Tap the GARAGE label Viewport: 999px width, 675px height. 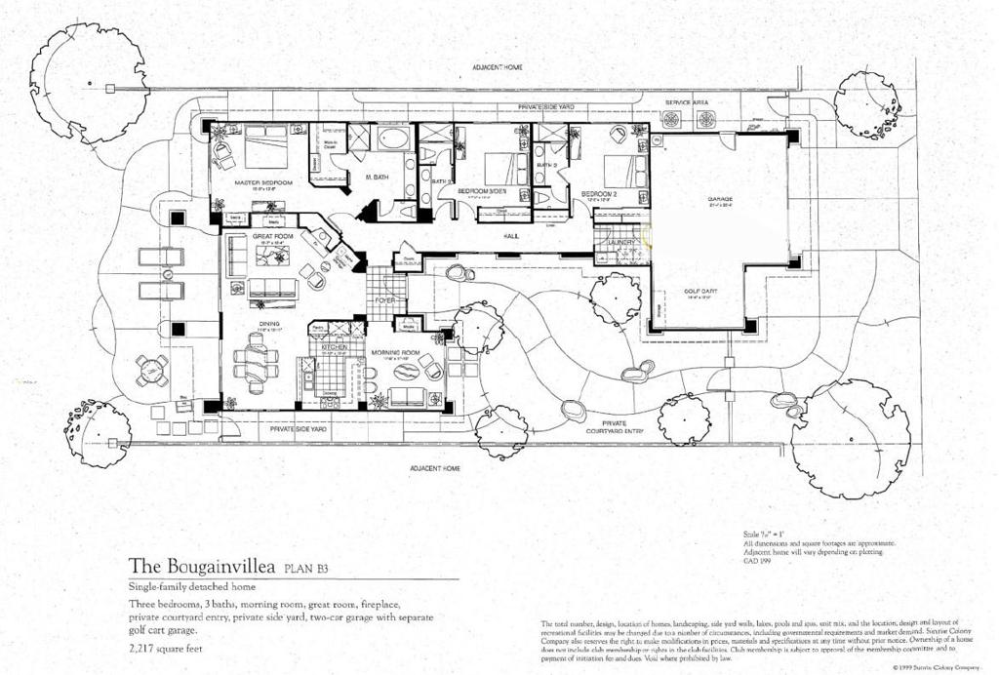pyautogui.click(x=719, y=201)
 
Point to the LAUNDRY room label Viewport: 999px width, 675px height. pyautogui.click(x=622, y=241)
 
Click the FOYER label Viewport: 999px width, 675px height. pyautogui.click(x=385, y=300)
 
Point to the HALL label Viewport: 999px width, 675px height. pyautogui.click(x=510, y=236)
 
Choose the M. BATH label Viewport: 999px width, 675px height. pyautogui.click(x=378, y=178)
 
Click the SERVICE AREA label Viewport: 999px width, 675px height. pyautogui.click(x=687, y=102)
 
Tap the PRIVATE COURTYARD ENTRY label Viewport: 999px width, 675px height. pyautogui.click(x=614, y=426)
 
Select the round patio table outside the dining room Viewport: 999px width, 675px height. pyautogui.click(x=151, y=369)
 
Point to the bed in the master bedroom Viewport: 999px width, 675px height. pyautogui.click(x=264, y=147)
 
